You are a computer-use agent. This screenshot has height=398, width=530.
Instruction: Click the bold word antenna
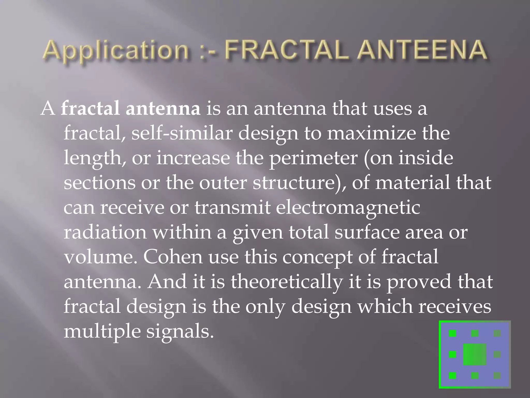point(163,108)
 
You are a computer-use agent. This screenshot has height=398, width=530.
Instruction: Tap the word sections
point(99,182)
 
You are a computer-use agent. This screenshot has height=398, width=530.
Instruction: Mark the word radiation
point(105,232)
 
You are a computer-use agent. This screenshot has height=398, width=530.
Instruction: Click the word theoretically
point(286,282)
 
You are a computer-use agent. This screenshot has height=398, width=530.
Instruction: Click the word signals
point(180,332)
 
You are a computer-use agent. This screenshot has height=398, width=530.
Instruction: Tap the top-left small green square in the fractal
point(452,333)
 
